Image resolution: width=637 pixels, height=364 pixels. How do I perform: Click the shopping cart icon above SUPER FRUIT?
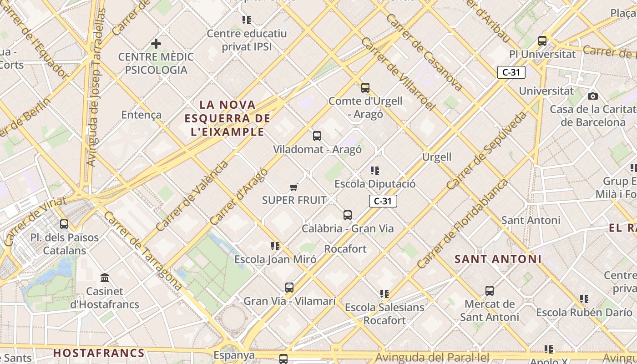click(294, 187)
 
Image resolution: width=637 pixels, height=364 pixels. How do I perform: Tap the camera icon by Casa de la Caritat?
click(592, 96)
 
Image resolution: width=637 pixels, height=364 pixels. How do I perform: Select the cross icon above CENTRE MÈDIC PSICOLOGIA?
click(156, 44)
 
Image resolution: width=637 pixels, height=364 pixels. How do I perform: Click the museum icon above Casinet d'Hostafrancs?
click(105, 278)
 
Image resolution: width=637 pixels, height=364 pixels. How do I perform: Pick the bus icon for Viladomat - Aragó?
click(317, 136)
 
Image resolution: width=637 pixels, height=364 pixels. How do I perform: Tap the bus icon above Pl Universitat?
click(542, 40)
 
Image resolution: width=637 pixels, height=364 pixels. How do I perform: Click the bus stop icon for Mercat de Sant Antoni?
click(490, 290)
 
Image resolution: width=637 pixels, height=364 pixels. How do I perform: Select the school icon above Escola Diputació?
click(375, 171)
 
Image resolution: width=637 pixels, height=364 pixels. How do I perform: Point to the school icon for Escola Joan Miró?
click(275, 246)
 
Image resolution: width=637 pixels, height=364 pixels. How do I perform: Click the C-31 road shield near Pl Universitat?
click(511, 72)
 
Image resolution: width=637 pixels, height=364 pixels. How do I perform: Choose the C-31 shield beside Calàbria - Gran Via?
click(383, 201)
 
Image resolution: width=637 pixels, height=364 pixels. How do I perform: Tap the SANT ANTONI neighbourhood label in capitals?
click(498, 259)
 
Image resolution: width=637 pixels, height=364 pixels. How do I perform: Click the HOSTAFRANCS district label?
click(99, 353)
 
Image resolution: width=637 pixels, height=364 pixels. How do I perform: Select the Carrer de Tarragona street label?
click(143, 251)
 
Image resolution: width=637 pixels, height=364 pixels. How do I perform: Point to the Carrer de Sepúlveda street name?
click(486, 150)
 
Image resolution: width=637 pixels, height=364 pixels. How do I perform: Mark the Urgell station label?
click(437, 157)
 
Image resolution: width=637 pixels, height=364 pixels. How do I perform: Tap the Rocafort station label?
click(345, 249)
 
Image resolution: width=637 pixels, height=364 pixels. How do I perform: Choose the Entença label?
click(141, 115)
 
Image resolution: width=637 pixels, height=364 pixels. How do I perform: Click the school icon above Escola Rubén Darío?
click(584, 299)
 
